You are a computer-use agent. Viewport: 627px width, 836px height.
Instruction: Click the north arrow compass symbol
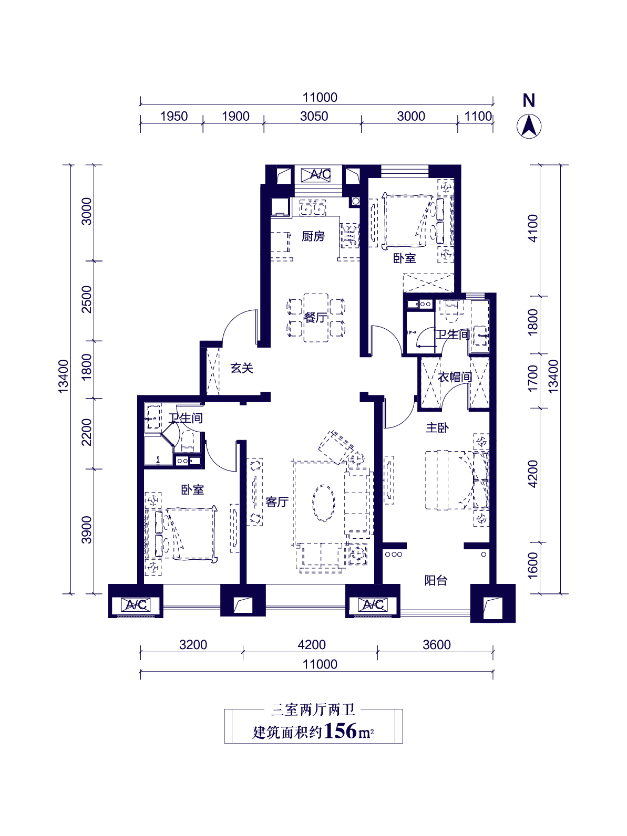point(529,127)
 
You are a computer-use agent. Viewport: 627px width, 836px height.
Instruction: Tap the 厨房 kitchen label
point(313,236)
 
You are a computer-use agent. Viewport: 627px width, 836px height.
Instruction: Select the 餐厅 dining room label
point(315,317)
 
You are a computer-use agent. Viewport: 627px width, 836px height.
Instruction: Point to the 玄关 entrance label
point(242,368)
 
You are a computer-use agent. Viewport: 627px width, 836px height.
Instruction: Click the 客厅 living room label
point(277,502)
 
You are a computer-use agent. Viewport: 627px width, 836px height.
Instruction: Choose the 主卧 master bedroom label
point(437,427)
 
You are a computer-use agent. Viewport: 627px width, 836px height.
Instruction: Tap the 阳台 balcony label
point(436,580)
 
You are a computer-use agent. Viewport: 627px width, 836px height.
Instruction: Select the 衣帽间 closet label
point(455,377)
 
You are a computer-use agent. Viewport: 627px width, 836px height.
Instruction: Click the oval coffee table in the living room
point(324,503)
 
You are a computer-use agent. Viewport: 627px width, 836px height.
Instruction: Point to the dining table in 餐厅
point(316,318)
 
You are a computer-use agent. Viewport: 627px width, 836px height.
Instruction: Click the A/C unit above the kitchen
point(316,175)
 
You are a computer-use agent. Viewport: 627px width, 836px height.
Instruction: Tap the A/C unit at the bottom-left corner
point(136,604)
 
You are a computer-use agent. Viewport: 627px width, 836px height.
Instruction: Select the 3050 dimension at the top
point(314,116)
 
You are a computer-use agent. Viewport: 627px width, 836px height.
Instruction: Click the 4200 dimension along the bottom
point(312,644)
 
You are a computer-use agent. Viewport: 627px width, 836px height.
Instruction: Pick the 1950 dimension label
point(174,116)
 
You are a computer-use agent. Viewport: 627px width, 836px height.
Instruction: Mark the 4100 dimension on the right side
point(533,228)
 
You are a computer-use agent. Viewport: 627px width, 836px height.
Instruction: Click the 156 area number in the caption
point(340,731)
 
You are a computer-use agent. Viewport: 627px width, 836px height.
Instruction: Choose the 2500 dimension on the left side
point(87,299)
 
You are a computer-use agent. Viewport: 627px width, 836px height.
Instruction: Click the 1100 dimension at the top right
point(478,116)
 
